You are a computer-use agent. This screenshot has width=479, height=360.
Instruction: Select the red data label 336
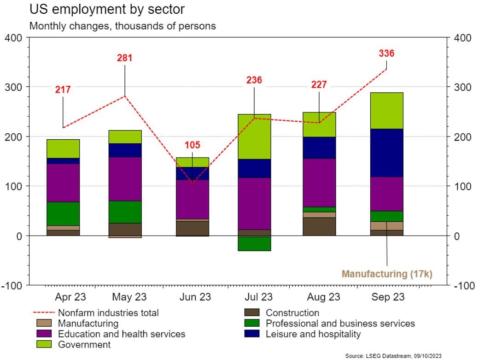click(386, 53)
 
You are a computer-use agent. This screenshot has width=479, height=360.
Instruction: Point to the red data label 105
click(193, 145)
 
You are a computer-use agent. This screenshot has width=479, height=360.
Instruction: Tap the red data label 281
click(124, 58)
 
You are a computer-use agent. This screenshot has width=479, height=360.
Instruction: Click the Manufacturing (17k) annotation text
click(387, 274)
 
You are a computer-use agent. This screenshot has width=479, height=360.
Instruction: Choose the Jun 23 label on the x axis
click(195, 297)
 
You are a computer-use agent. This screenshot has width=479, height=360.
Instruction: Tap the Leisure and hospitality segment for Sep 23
click(387, 153)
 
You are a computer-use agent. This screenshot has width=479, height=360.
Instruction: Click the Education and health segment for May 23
click(125, 179)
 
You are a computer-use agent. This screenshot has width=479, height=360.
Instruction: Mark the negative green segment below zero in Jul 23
click(254, 243)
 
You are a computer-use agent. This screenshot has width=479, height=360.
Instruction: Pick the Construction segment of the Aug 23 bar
click(319, 226)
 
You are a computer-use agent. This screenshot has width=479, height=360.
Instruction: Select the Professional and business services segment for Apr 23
click(63, 213)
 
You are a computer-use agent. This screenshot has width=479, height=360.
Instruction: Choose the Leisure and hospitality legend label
click(313, 334)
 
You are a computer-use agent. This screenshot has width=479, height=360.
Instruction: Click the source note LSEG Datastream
click(394, 356)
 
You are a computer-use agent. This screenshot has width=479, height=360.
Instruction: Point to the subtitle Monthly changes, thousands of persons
click(123, 26)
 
